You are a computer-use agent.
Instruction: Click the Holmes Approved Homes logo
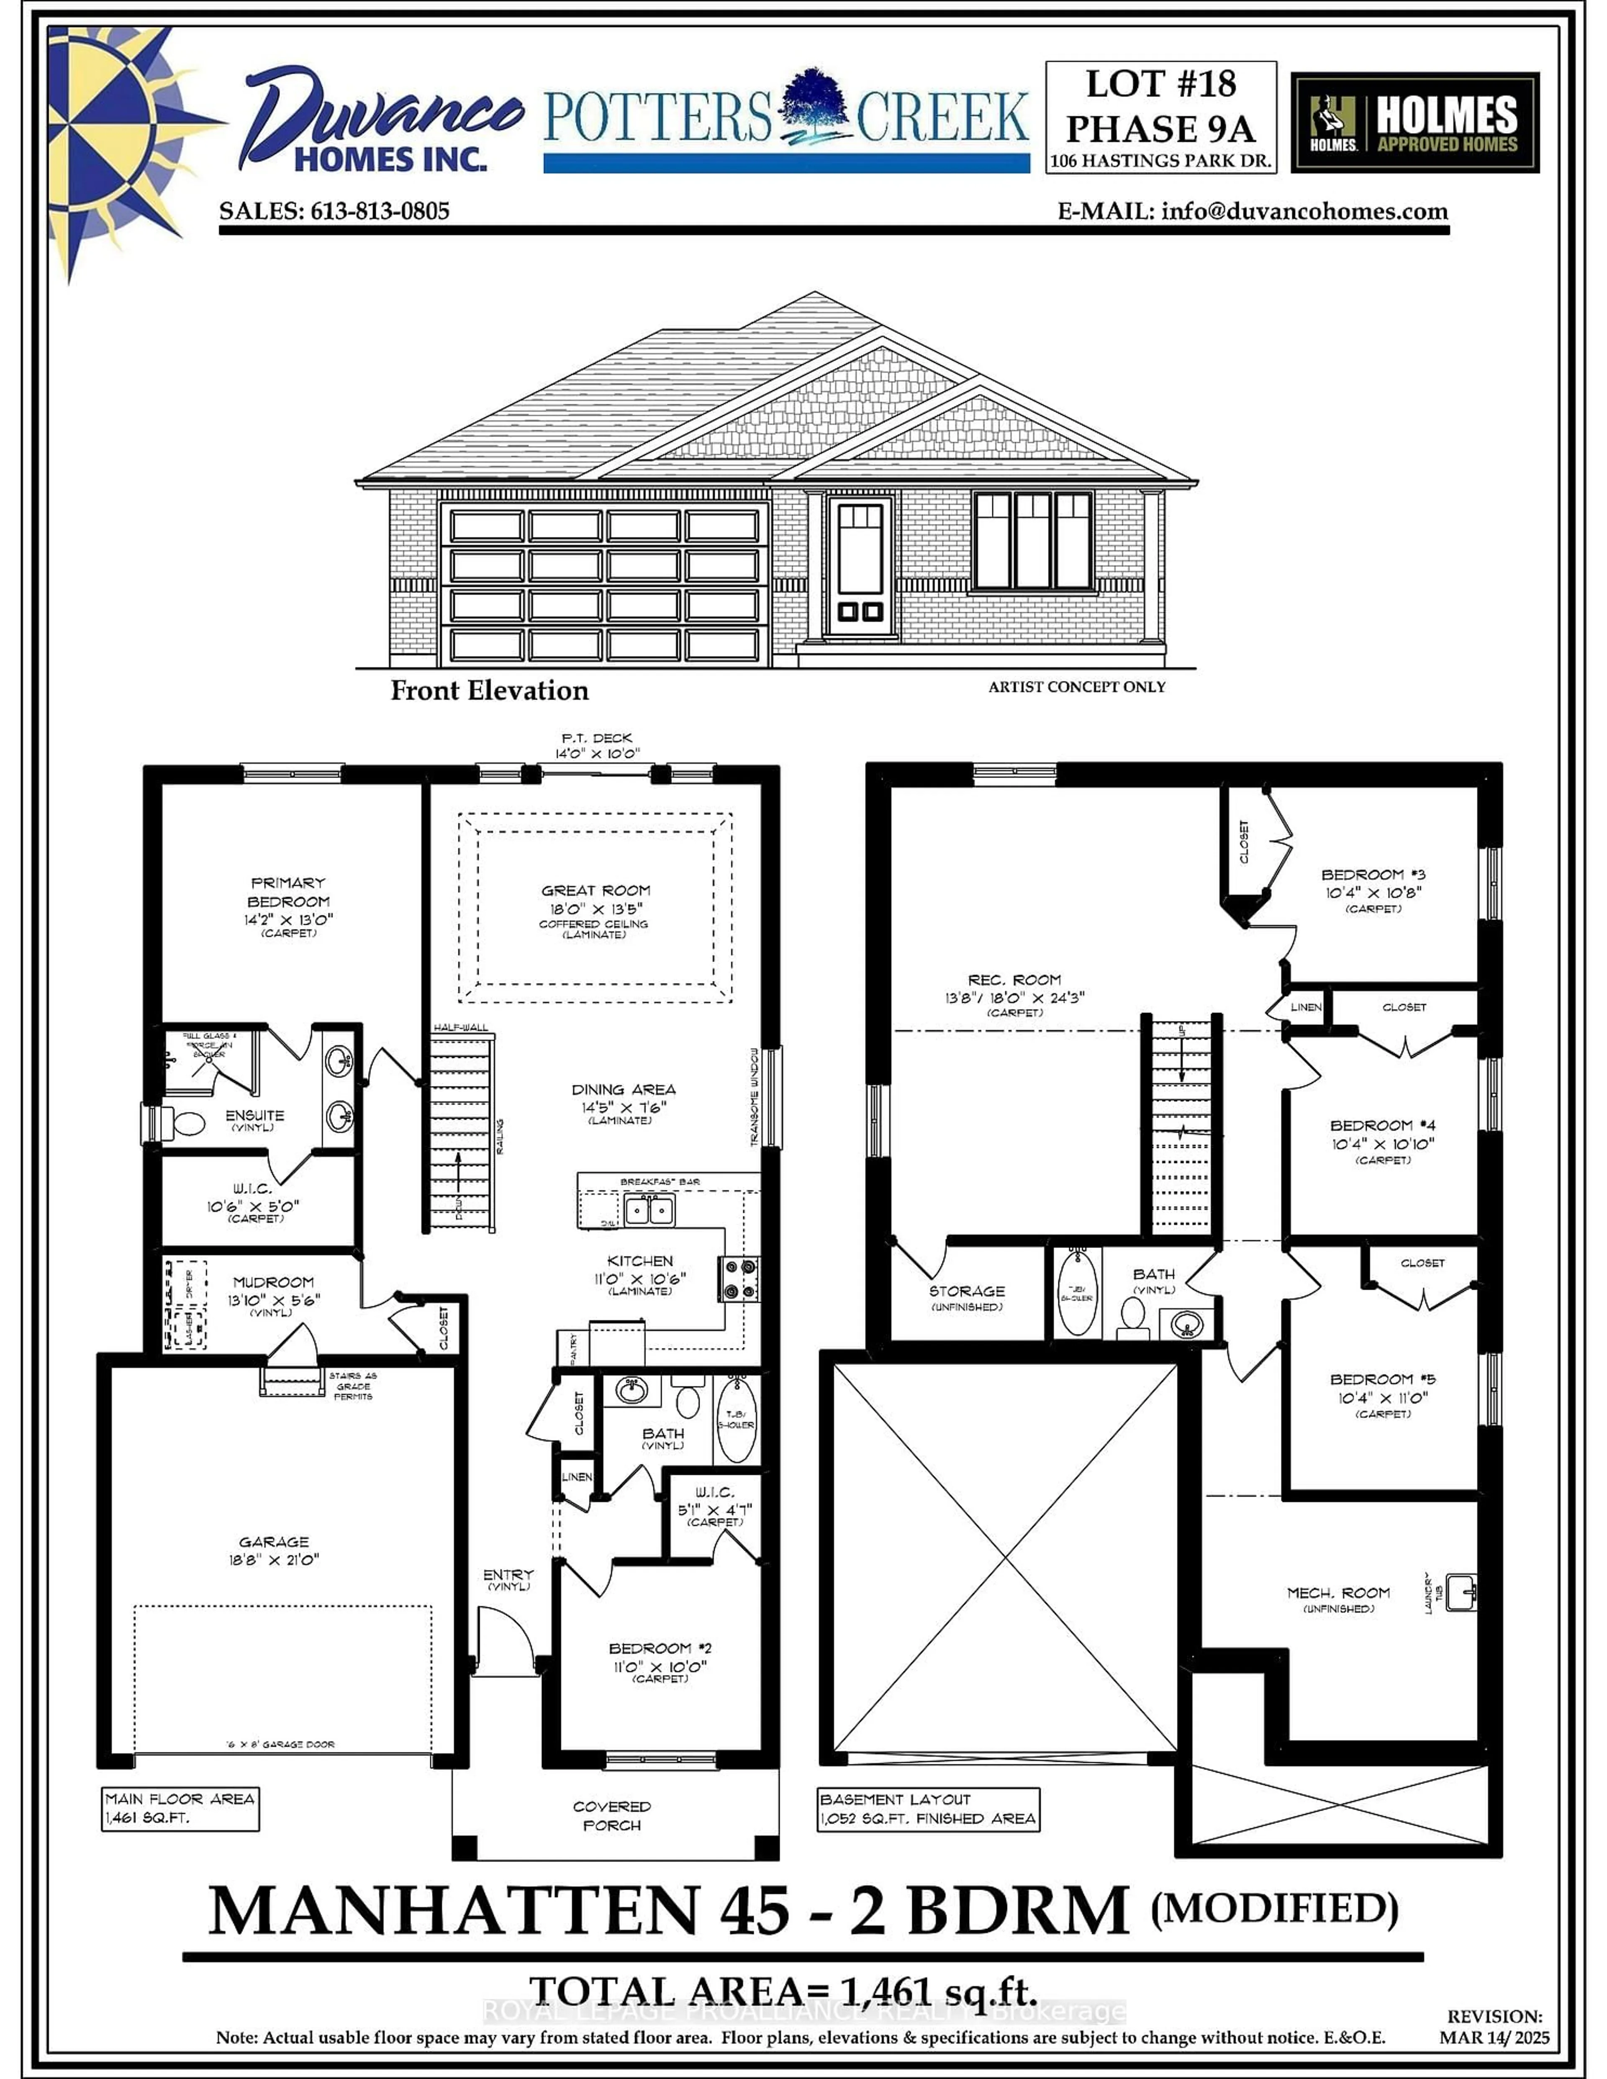tap(1414, 124)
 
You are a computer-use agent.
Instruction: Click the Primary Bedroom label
tap(288, 892)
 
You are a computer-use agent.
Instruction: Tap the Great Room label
tap(596, 891)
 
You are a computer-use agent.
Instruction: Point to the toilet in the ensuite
tap(186, 1123)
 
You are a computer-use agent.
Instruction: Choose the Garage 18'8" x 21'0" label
tap(274, 1551)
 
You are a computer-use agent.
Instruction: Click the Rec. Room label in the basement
tap(1014, 980)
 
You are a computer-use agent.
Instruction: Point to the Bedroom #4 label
tap(1382, 1126)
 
